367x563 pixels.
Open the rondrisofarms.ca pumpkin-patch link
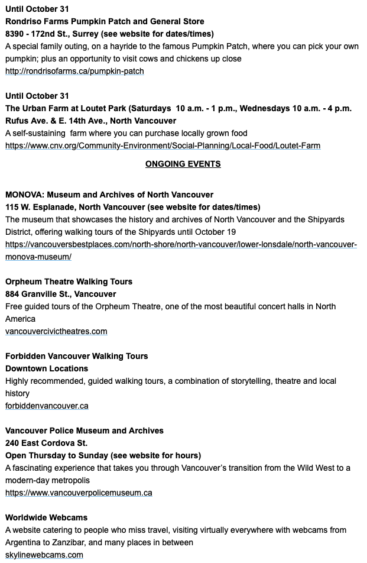pos(74,71)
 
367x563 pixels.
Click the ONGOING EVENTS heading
pos(183,164)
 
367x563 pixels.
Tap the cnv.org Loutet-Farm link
pos(163,145)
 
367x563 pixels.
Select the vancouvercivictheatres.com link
pos(56,331)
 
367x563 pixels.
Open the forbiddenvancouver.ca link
pos(47,406)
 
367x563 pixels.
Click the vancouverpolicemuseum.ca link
pos(79,493)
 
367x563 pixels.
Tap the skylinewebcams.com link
pos(44,555)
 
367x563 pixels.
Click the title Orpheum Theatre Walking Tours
pos(69,281)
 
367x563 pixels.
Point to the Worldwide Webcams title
pos(46,517)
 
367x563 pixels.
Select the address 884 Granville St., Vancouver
pos(61,294)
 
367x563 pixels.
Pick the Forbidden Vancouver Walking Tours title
pos(77,356)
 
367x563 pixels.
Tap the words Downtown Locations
pos(43,368)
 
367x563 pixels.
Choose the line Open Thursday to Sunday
pos(103,455)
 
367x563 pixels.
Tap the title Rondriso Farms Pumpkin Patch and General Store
pos(105,21)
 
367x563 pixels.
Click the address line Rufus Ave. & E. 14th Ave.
pos(90,121)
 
